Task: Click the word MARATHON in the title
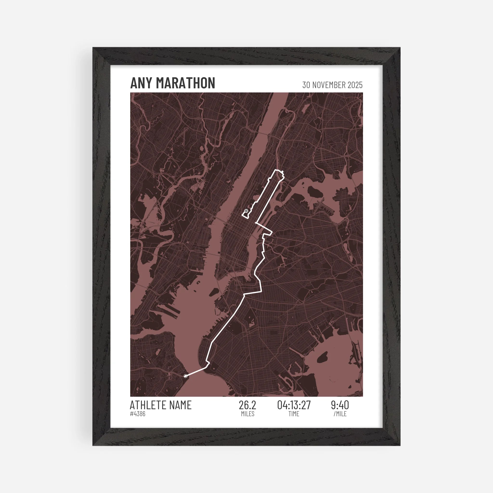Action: click(186, 83)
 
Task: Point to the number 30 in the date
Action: click(306, 85)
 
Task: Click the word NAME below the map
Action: click(179, 405)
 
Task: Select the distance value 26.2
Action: click(247, 405)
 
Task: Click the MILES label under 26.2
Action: click(247, 414)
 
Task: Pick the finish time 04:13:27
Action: click(294, 405)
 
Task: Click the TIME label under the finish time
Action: click(294, 414)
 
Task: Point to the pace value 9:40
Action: click(340, 405)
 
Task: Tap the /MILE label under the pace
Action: click(340, 414)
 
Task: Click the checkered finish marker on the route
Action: click(246, 211)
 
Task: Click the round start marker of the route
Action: click(186, 376)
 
